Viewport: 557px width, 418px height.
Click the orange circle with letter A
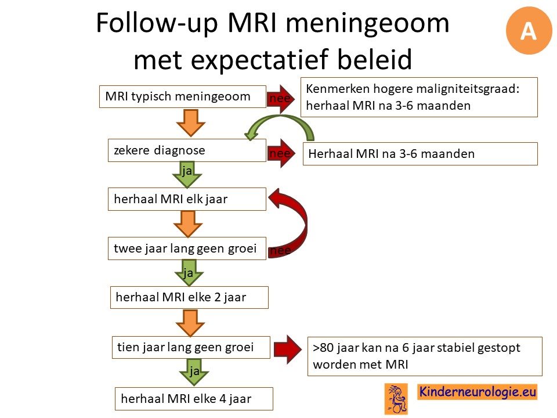pos(529,31)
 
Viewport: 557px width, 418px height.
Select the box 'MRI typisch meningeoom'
pos(183,96)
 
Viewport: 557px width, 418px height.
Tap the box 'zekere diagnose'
pos(187,150)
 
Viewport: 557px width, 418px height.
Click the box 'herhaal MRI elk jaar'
pos(187,199)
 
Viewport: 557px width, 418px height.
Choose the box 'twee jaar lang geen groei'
pos(187,248)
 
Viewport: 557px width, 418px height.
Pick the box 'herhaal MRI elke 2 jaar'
pos(189,297)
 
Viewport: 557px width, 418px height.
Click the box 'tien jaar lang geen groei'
pos(191,347)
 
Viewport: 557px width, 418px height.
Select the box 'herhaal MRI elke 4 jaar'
pos(194,399)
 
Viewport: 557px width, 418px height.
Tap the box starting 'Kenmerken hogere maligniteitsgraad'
pos(419,97)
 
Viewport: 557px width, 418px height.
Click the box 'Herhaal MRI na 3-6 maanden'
pos(420,153)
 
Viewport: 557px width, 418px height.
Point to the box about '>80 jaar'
pos(425,356)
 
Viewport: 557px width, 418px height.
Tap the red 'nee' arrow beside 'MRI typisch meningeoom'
pos(281,99)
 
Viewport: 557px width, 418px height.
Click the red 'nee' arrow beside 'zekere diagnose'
pos(281,153)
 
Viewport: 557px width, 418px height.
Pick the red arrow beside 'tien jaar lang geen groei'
pos(288,349)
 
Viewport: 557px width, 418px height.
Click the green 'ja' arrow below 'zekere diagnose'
pos(187,175)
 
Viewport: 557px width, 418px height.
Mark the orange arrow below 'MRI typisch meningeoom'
pos(191,123)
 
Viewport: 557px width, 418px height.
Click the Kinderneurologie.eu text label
pos(478,392)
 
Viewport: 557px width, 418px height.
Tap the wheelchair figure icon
pos(396,399)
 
